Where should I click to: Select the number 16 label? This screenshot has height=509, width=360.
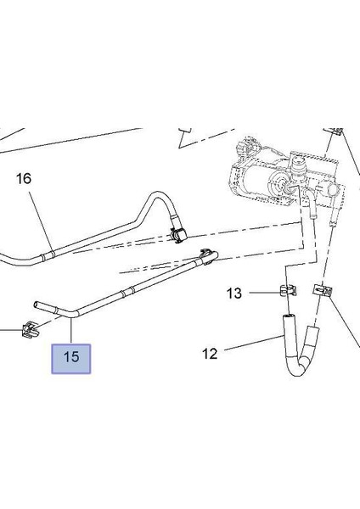coord(23,179)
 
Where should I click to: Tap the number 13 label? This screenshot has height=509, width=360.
coord(234,294)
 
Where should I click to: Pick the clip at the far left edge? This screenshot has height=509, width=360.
coord(31,328)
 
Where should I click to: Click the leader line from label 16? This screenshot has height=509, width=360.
coord(38,220)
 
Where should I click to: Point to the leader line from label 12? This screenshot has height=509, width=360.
coord(251,346)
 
